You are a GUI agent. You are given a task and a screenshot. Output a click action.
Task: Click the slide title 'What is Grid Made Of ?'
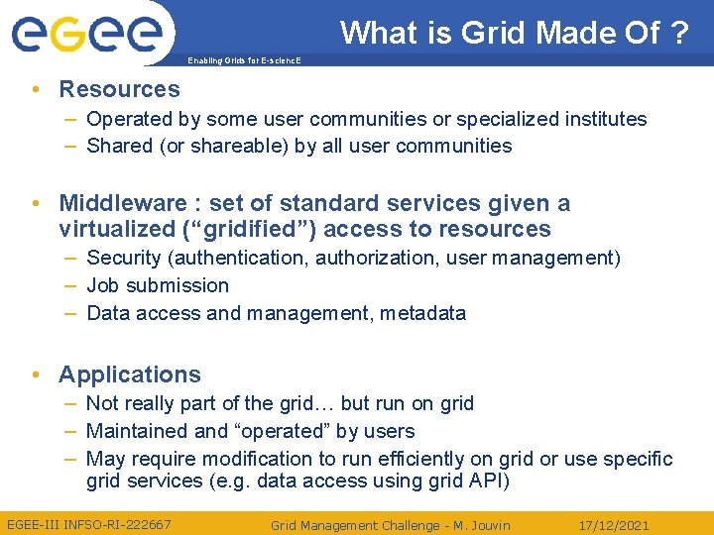pyautogui.click(x=514, y=33)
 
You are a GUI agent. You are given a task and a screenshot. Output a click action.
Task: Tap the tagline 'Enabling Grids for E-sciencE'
pyautogui.click(x=243, y=61)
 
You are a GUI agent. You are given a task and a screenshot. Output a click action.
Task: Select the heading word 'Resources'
pyautogui.click(x=119, y=89)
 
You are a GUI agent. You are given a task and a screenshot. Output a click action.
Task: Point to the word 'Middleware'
pyautogui.click(x=122, y=203)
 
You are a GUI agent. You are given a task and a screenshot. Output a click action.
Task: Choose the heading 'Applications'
pyautogui.click(x=129, y=374)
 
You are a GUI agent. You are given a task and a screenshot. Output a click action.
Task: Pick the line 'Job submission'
pyautogui.click(x=158, y=285)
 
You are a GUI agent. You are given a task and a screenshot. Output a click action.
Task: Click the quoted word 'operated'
pyautogui.click(x=283, y=431)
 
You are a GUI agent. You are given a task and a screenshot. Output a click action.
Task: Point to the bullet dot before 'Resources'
pyautogui.click(x=36, y=89)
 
